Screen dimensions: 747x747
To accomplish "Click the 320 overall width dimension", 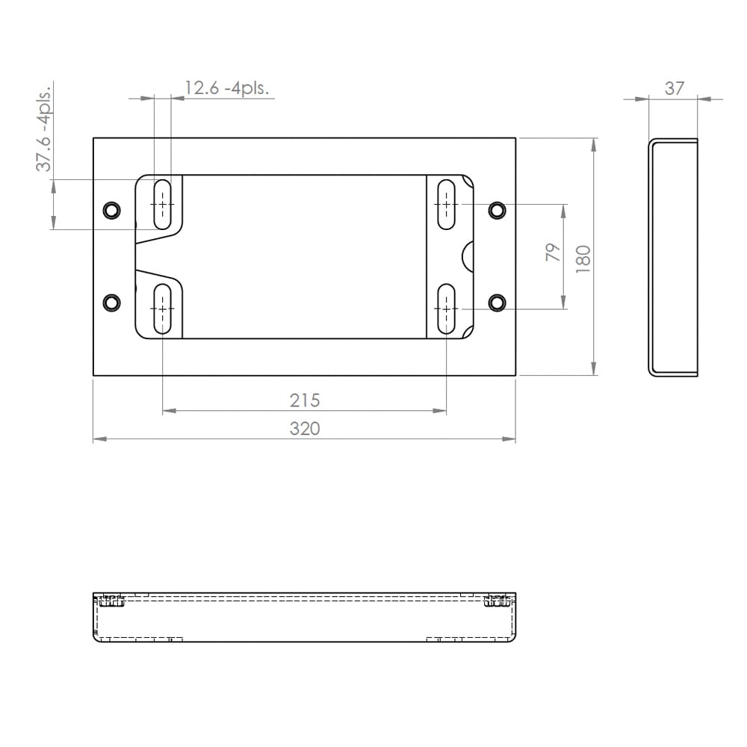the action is [305, 429].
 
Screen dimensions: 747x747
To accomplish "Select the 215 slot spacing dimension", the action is [305, 400].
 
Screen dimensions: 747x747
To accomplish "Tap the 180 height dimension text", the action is [583, 259].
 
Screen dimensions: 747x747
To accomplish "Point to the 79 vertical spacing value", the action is [553, 252].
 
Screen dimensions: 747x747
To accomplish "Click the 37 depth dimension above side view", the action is [674, 89].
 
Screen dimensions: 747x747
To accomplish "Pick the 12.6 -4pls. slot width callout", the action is [227, 88].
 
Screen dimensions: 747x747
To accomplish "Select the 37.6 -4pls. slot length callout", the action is [43, 128].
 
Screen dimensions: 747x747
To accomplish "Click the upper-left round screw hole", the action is [112, 210].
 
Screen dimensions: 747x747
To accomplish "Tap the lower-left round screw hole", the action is [112, 303].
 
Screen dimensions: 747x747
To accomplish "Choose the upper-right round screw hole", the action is [497, 210].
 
